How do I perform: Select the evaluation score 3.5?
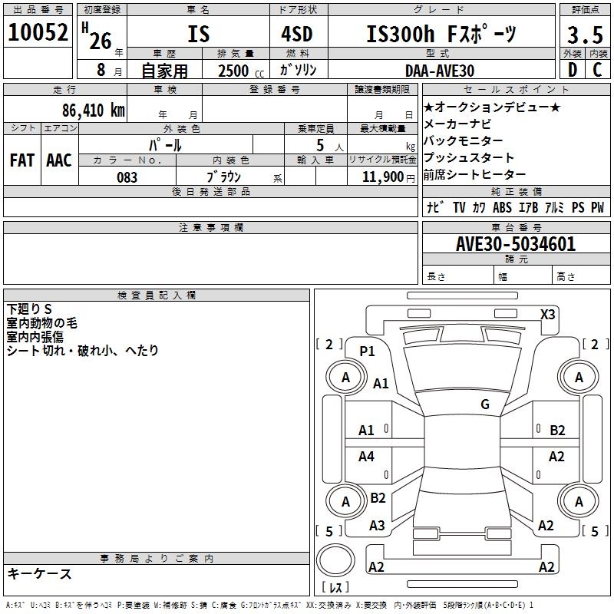(x=584, y=35)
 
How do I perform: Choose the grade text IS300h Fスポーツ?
(x=441, y=34)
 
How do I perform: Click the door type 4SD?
(x=297, y=35)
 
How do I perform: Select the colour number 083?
(x=127, y=177)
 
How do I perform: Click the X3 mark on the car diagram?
(x=548, y=314)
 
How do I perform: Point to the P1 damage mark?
(x=368, y=352)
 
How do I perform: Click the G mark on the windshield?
(x=485, y=404)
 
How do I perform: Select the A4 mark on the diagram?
(x=367, y=457)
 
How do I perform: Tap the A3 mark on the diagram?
(x=377, y=526)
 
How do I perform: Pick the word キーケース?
(x=40, y=574)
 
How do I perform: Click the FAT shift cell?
(x=21, y=160)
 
